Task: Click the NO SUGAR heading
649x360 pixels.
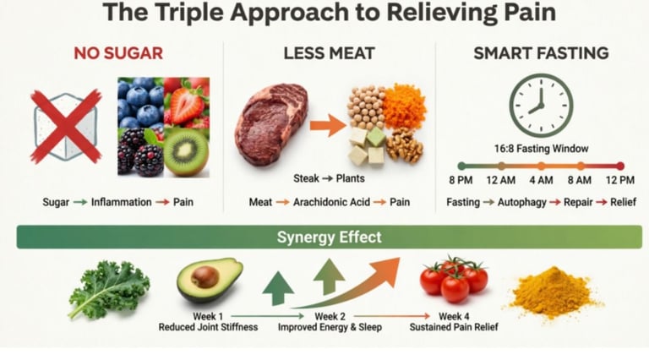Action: [x=118, y=54]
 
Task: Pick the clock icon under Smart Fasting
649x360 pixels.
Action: [x=541, y=105]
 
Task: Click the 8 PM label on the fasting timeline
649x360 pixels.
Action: [x=461, y=180]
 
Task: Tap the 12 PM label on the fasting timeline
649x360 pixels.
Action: [x=620, y=180]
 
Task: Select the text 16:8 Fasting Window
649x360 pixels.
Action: [x=541, y=149]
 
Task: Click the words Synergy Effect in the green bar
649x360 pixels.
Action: [x=329, y=237]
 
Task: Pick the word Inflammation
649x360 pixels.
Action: [x=122, y=203]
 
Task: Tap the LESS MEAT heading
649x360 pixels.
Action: [x=329, y=54]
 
